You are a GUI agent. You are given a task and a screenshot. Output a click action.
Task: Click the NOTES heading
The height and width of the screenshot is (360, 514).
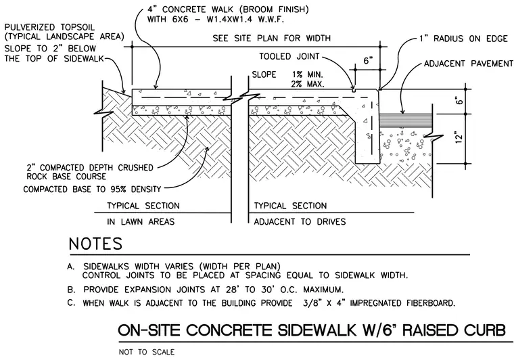click(95, 244)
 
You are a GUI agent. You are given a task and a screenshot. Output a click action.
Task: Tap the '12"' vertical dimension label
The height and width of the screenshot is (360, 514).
click(460, 137)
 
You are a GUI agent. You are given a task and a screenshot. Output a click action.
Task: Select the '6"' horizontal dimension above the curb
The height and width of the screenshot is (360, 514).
click(368, 61)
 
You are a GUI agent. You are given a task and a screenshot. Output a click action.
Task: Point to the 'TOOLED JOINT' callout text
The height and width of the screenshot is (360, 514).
click(289, 56)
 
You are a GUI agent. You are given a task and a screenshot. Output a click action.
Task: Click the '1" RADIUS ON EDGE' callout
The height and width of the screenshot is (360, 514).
click(463, 39)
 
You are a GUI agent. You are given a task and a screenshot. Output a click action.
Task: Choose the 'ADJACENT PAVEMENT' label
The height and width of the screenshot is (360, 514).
click(469, 64)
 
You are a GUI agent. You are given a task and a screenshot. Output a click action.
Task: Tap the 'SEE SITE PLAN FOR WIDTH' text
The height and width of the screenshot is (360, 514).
click(272, 39)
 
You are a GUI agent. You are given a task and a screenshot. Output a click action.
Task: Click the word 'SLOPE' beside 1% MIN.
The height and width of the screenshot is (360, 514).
click(264, 74)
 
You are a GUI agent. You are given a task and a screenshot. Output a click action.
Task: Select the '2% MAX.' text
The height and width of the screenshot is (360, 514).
click(308, 84)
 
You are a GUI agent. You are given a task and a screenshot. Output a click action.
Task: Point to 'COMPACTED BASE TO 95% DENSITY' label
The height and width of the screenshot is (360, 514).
click(92, 189)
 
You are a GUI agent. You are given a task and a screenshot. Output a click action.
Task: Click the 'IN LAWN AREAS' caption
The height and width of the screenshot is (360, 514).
click(141, 222)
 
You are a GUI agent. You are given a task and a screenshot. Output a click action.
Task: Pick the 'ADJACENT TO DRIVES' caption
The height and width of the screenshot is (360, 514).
click(300, 222)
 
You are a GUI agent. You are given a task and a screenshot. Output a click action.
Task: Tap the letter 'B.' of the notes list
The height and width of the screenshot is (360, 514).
click(71, 290)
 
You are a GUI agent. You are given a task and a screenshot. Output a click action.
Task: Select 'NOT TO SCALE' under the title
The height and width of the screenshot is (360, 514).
click(147, 352)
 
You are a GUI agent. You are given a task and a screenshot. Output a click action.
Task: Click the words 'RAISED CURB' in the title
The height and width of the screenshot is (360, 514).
click(454, 330)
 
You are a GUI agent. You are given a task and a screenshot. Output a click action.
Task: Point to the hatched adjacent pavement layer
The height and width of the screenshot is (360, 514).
click(406, 120)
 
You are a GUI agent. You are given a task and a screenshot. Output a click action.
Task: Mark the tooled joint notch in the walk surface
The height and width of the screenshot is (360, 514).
click(354, 90)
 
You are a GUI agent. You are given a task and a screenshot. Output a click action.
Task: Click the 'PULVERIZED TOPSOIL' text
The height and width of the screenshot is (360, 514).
click(49, 27)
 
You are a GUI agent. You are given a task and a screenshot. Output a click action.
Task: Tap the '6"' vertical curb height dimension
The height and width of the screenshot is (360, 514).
click(460, 101)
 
